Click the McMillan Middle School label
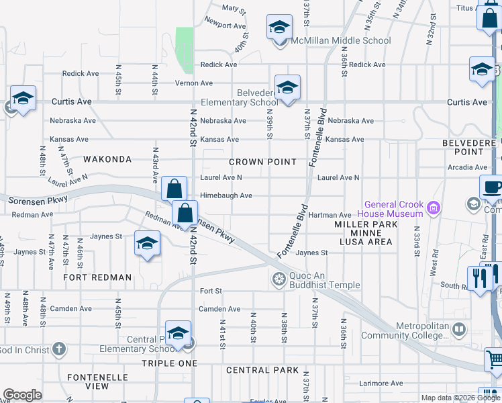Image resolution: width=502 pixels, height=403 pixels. pyautogui.click(x=340, y=41)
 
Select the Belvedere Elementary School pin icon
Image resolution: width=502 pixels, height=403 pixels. pyautogui.click(x=287, y=88)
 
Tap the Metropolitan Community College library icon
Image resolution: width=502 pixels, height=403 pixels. pyautogui.click(x=458, y=330)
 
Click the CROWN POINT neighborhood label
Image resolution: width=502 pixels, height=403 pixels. pyautogui.click(x=262, y=162)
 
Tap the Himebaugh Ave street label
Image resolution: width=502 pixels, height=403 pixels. pyautogui.click(x=226, y=195)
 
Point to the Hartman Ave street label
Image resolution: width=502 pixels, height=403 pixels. pyautogui.click(x=330, y=215)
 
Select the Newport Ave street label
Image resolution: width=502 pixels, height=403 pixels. pyautogui.click(x=225, y=26)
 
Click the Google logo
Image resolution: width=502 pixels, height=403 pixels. pyautogui.click(x=23, y=395)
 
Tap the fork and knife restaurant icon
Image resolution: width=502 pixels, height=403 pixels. pyautogui.click(x=479, y=277)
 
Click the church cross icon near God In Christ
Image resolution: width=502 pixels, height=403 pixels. pyautogui.click(x=59, y=349)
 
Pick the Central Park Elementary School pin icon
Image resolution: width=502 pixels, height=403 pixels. pyautogui.click(x=178, y=334)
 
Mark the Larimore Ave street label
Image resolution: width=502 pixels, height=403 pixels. pyautogui.click(x=381, y=384)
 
